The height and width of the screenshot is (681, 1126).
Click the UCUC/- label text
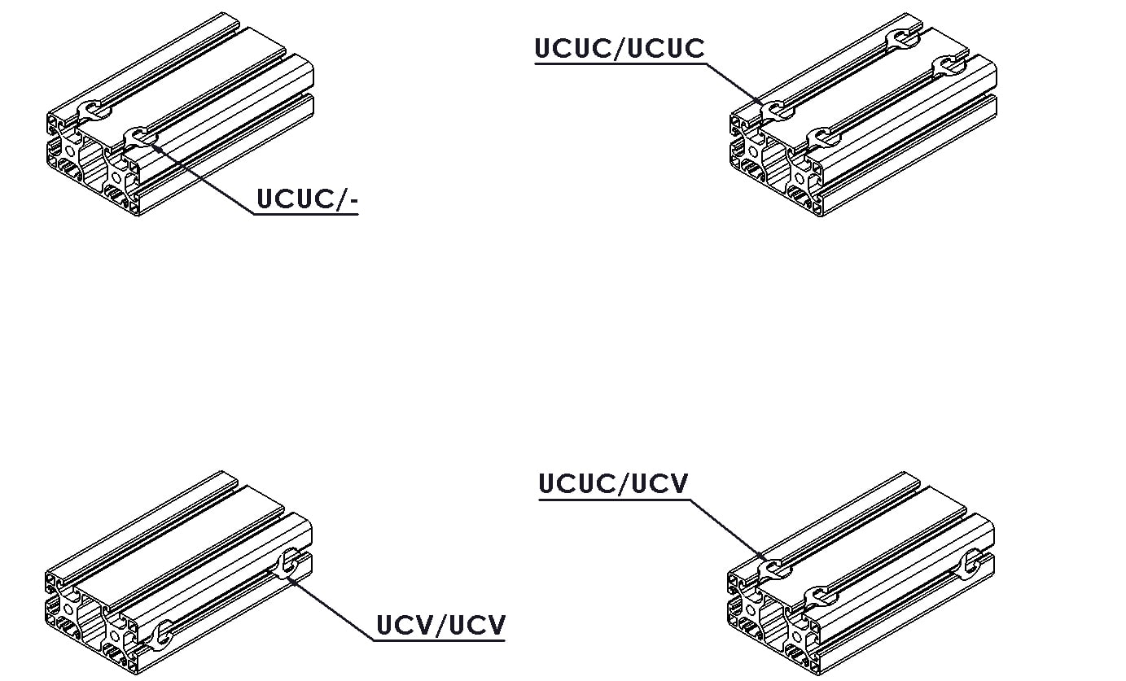(307, 199)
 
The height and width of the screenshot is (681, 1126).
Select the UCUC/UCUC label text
(620, 48)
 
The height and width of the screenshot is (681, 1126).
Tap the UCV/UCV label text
(440, 625)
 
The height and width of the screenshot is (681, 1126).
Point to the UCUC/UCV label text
(613, 483)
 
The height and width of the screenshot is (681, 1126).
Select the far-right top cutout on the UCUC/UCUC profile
(949, 66)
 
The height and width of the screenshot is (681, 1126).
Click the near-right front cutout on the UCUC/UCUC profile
(823, 138)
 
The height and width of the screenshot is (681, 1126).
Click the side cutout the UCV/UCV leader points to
(288, 563)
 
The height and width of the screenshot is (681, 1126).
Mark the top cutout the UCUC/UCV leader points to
(774, 569)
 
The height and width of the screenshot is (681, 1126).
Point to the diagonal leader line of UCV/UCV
(331, 609)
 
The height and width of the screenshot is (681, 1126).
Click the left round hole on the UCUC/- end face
(70, 151)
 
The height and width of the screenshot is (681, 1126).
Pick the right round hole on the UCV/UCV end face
(115, 636)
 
